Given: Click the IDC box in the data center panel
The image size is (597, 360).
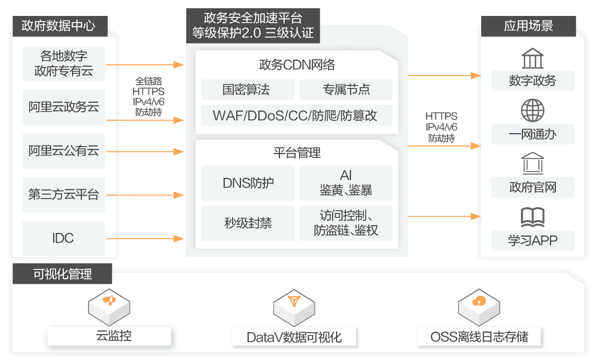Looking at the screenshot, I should [x=63, y=238].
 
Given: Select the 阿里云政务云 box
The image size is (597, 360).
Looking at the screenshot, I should [x=63, y=107].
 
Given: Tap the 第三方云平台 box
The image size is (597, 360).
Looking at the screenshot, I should [x=63, y=195].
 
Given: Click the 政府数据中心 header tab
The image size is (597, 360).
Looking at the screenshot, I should [x=58, y=26].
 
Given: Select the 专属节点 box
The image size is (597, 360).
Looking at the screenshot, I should [x=345, y=90].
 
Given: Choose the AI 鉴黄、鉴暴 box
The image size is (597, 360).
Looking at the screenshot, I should [x=345, y=183].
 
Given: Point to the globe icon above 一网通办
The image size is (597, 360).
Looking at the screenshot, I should [x=532, y=110].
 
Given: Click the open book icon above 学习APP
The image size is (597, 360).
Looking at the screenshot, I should [x=532, y=218].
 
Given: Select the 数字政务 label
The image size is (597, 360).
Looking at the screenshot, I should [x=532, y=81].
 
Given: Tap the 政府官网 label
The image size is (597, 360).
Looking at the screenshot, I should [x=532, y=186].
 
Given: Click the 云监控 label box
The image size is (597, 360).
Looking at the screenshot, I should [x=109, y=337].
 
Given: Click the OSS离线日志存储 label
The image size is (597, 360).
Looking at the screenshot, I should [x=479, y=337].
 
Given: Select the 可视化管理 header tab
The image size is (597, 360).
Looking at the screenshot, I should [x=62, y=274].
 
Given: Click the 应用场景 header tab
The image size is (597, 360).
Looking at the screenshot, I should [x=528, y=26].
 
